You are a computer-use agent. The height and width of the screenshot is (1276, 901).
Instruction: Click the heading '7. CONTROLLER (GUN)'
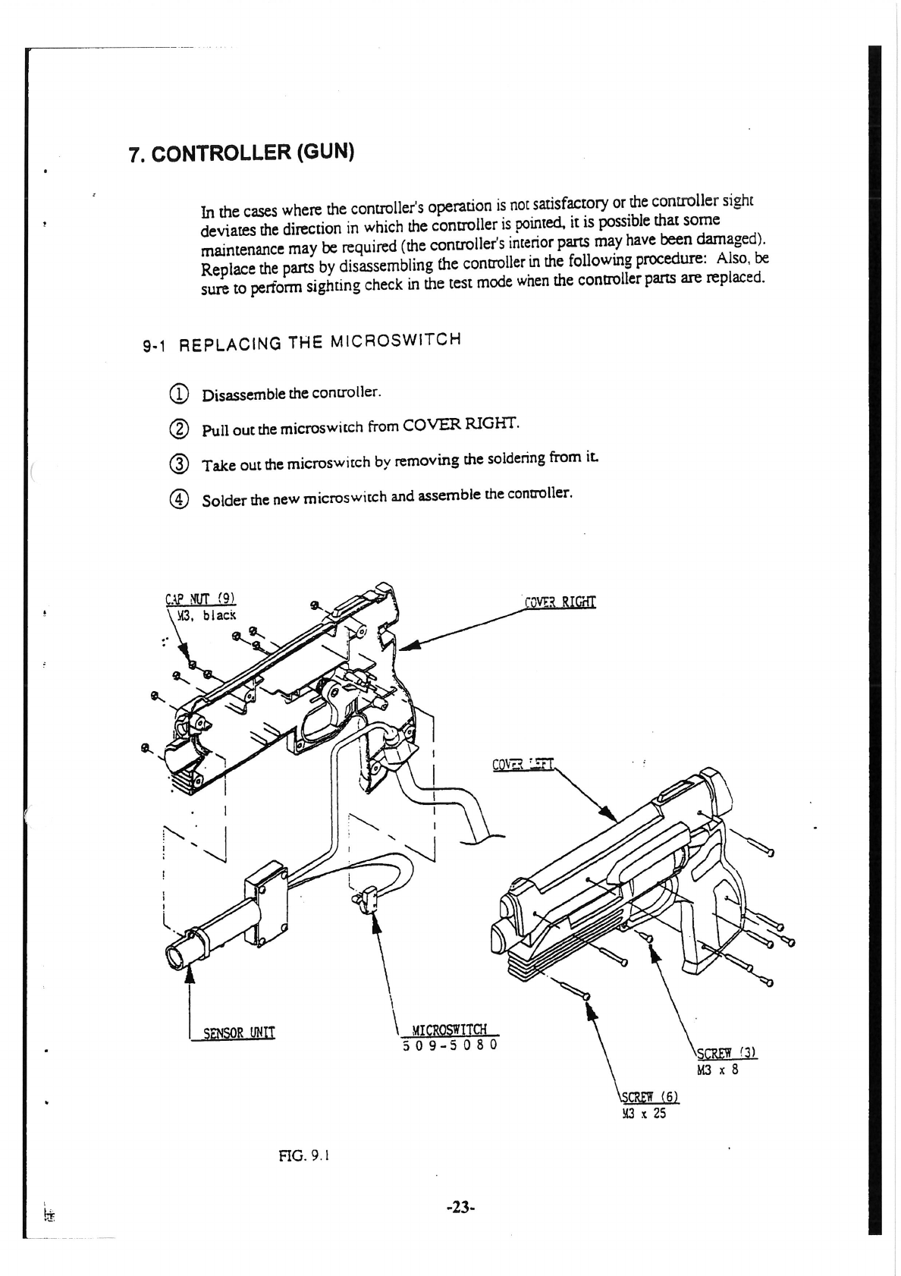242,152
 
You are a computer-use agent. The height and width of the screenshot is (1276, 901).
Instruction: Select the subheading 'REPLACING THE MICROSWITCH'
319,342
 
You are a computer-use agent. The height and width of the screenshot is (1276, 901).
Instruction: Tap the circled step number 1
177,394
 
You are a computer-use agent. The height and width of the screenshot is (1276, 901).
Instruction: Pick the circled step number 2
177,429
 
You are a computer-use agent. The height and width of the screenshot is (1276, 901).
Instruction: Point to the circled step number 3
177,464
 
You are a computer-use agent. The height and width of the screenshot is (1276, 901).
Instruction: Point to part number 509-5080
450,1045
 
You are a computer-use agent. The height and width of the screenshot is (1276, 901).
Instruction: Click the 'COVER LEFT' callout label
523,764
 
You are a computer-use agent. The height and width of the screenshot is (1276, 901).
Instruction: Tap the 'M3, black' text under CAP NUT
206,615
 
